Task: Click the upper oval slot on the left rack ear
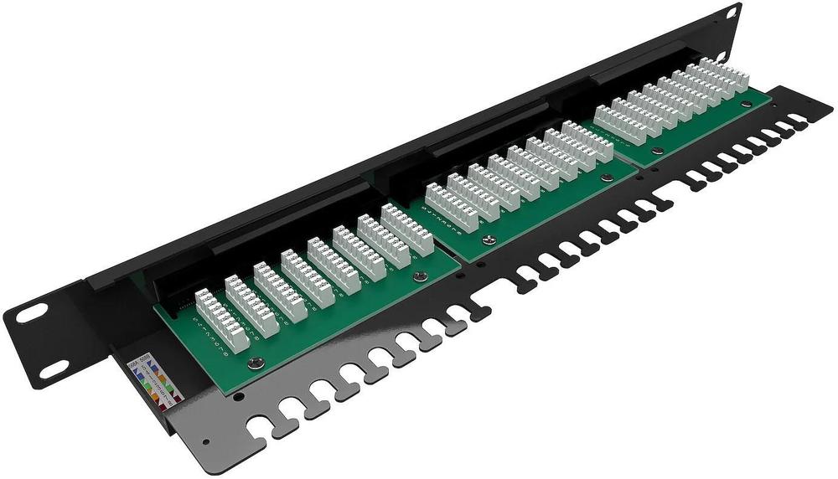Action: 32,313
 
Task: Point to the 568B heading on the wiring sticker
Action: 138,362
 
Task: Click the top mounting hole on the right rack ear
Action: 731,13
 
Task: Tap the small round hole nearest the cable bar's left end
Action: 206,440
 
